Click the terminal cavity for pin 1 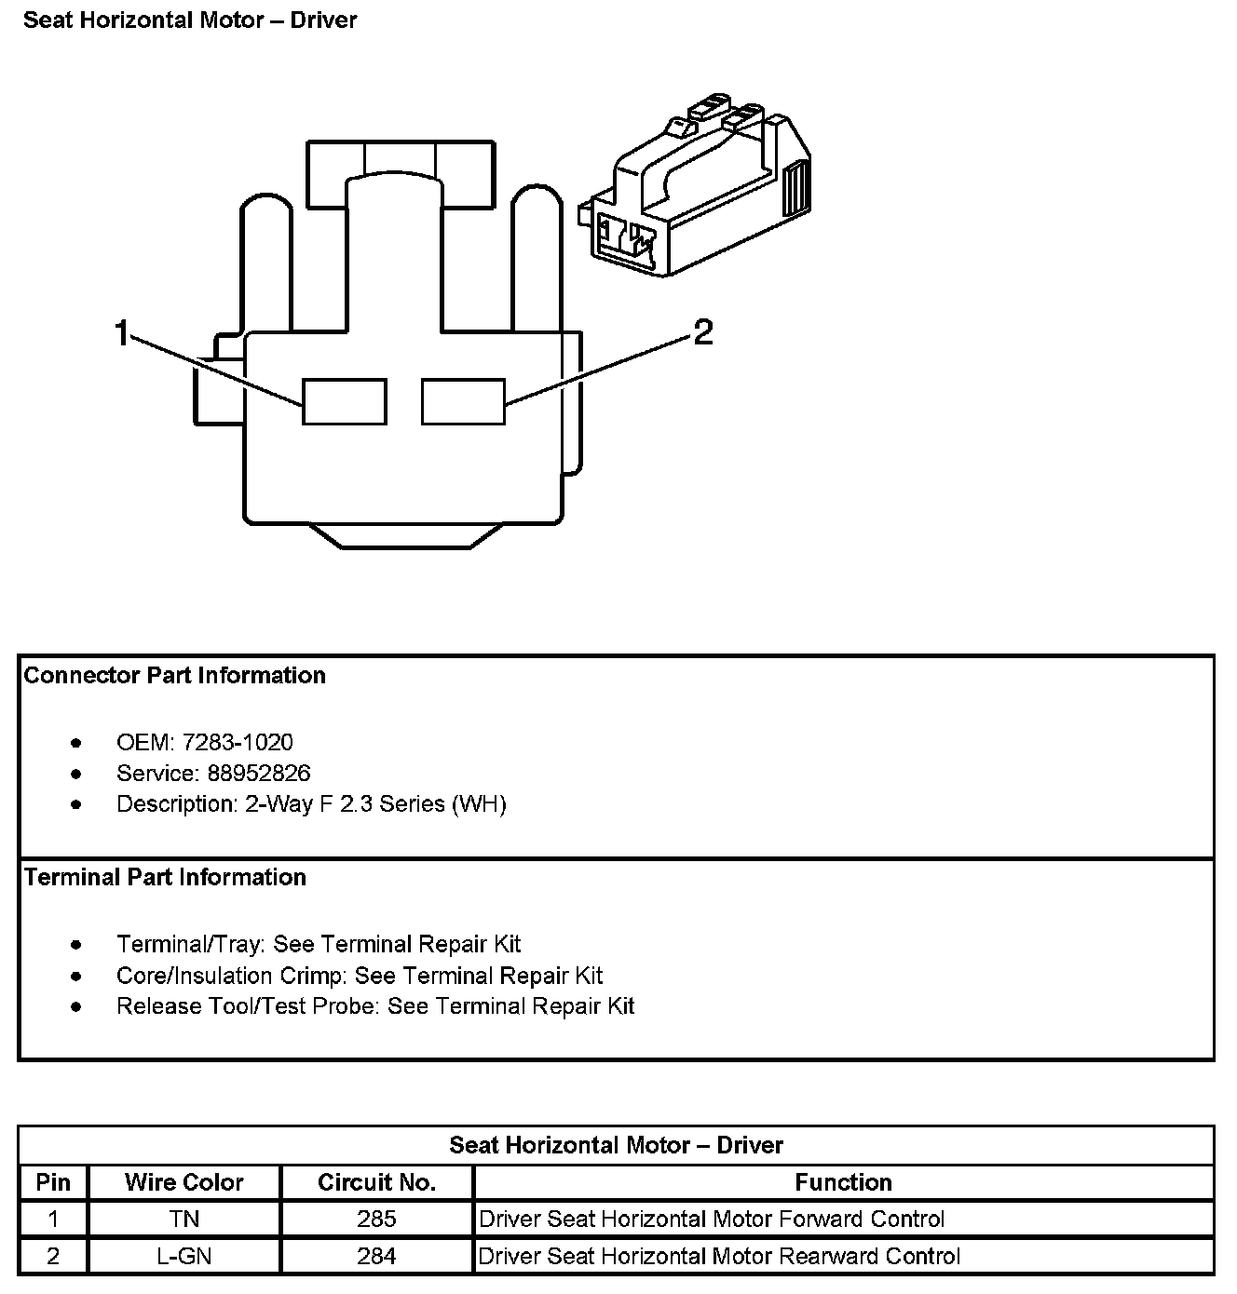click(x=344, y=401)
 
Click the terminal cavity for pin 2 click(x=463, y=401)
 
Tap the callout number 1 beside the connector click(x=121, y=332)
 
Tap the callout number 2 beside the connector click(x=703, y=332)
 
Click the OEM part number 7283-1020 click(x=238, y=743)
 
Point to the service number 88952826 click(x=259, y=774)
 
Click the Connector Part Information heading click(x=174, y=676)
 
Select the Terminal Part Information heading click(x=165, y=878)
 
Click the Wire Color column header click(x=184, y=1182)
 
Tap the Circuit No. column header click(x=376, y=1182)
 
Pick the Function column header click(x=843, y=1182)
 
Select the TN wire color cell click(x=184, y=1220)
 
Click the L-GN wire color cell click(x=184, y=1257)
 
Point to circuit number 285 click(x=376, y=1220)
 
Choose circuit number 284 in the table click(x=376, y=1257)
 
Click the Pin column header click(x=53, y=1182)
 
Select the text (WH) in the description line click(x=479, y=804)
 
